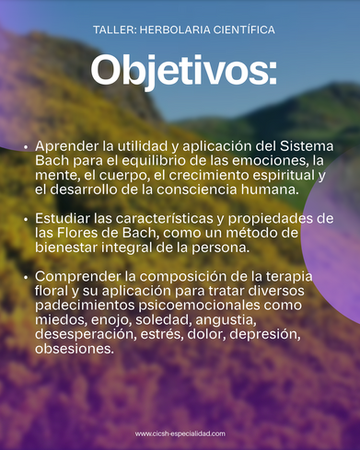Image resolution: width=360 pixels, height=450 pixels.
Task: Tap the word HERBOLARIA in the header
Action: pyautogui.click(x=175, y=30)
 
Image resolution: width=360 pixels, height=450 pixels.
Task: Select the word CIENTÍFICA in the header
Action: pyautogui.click(x=244, y=30)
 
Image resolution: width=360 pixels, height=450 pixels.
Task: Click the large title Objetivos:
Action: pyautogui.click(x=183, y=71)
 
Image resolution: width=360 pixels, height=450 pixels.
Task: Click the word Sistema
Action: pyautogui.click(x=307, y=146)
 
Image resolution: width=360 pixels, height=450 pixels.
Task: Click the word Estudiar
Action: pyautogui.click(x=63, y=219)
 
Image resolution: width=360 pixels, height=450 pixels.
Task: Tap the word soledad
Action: pyautogui.click(x=163, y=320)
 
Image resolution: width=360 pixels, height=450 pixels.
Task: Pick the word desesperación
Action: pyautogui.click(x=86, y=334)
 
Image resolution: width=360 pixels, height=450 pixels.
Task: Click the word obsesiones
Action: pyautogui.click(x=74, y=349)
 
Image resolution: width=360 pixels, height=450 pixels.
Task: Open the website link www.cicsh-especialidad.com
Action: pyautogui.click(x=180, y=434)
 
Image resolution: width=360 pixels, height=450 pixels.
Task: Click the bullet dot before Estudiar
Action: pyautogui.click(x=26, y=219)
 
